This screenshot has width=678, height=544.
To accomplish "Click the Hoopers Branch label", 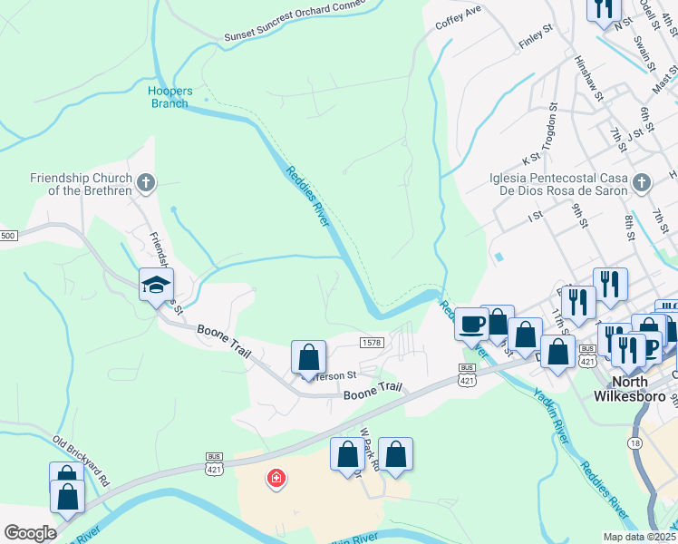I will click(168, 96).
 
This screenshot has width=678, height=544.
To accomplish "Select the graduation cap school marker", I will click(156, 286).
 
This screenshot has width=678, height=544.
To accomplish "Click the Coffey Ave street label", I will click(458, 18).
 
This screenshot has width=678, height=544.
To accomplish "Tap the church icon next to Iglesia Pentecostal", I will click(642, 183).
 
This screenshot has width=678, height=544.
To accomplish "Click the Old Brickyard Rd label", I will click(81, 460).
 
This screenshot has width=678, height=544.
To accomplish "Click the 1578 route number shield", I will click(371, 342).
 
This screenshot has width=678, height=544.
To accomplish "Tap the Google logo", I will click(30, 533).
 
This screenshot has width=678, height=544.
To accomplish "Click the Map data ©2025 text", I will click(638, 537).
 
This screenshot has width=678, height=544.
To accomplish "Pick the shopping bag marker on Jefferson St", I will click(308, 358).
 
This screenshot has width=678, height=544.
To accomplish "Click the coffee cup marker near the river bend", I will click(471, 325).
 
